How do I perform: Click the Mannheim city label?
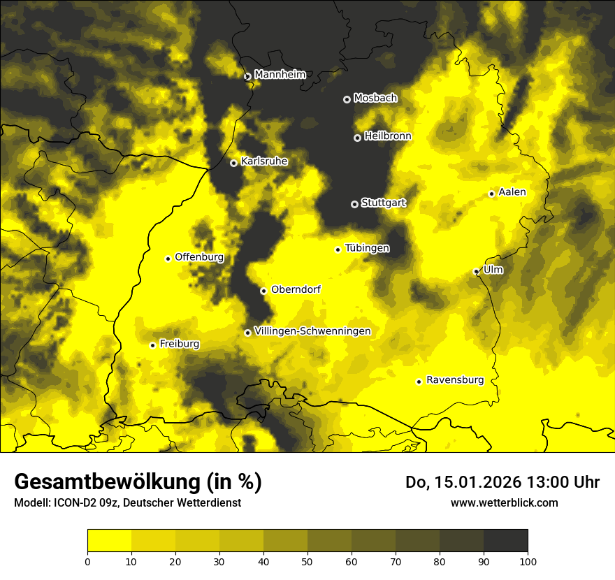coord(280,75)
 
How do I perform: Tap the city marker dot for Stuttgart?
coord(354,204)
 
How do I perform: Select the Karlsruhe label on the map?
coord(264,161)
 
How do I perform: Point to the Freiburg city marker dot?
coord(152,345)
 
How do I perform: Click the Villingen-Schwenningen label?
coord(312,331)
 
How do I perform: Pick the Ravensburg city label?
coord(455,380)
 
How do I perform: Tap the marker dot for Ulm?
coord(476,271)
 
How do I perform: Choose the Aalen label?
coord(512,192)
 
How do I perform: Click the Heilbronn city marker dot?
coord(357,138)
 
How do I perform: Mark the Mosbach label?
coord(375,99)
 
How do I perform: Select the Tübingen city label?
coord(367,248)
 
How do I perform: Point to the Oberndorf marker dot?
coord(263,291)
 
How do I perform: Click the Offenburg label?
coord(199,257)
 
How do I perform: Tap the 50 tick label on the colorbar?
coord(307,561)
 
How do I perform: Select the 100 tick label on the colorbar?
coord(528,561)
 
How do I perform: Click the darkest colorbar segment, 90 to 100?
coord(505,541)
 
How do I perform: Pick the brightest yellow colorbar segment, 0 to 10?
coord(110,541)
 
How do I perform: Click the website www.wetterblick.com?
coord(504,502)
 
